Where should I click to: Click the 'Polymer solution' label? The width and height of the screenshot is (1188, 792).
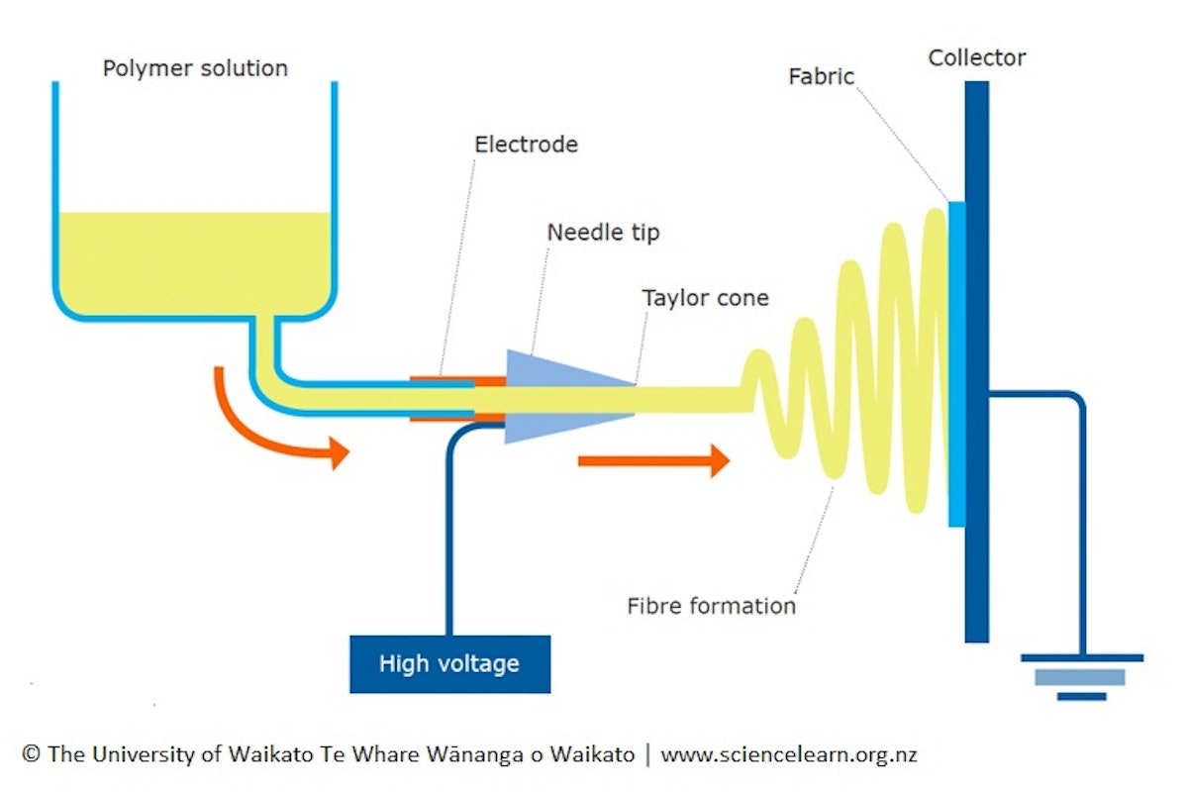(195, 68)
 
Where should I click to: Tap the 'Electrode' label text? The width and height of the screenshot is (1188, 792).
(526, 144)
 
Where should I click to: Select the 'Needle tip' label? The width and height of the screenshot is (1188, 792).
(603, 233)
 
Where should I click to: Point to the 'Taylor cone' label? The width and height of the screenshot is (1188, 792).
(705, 297)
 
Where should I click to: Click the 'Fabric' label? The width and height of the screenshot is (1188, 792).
(821, 76)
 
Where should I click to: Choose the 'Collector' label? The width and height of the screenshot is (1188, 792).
(976, 57)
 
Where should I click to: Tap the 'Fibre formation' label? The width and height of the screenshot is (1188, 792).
(711, 605)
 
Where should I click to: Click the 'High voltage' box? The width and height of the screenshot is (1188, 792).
(449, 663)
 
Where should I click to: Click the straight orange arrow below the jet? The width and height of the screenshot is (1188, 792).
(653, 460)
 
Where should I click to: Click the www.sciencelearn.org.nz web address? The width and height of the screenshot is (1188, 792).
(789, 754)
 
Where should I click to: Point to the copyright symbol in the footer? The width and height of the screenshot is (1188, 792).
(30, 754)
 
